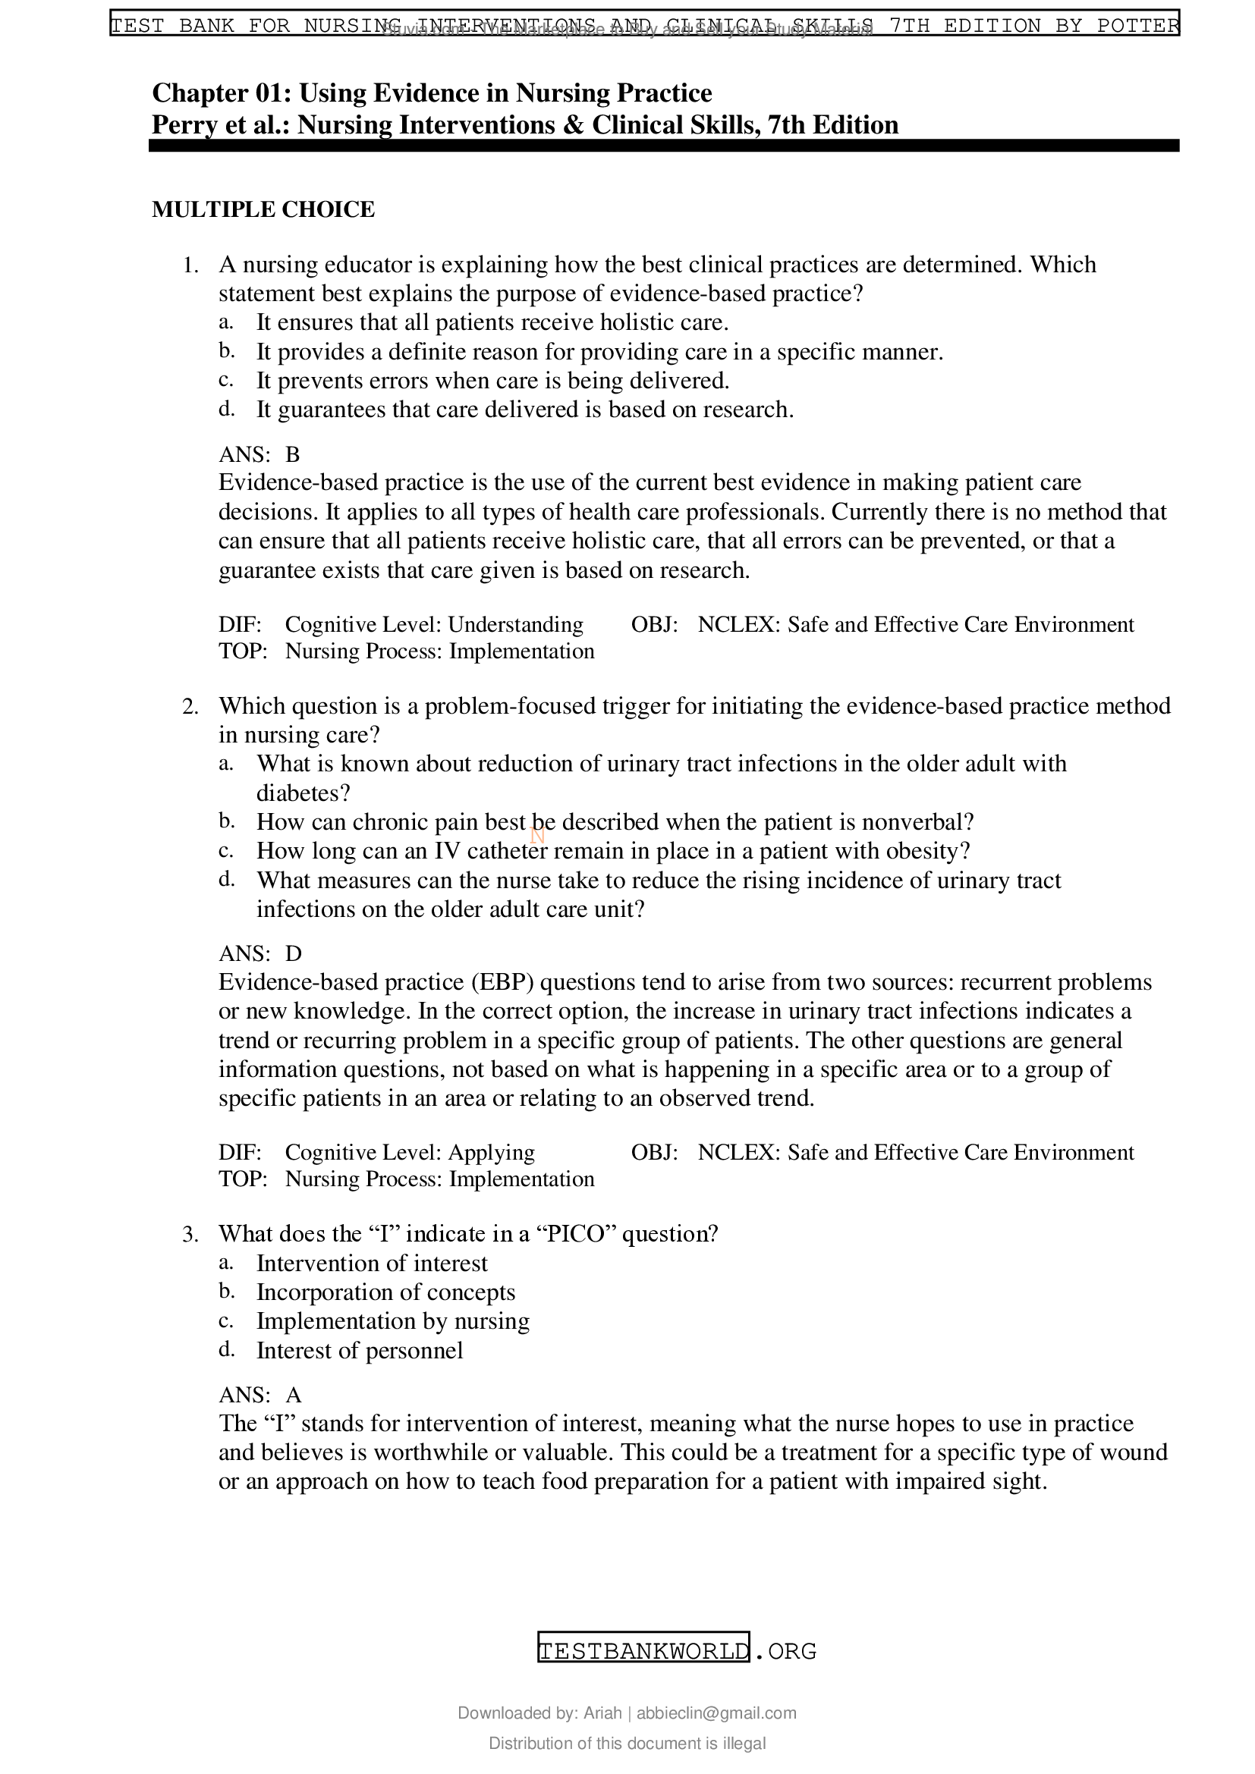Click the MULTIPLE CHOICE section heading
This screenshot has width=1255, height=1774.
[x=263, y=209]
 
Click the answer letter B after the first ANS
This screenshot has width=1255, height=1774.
[x=292, y=454]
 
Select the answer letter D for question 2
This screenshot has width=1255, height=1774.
[x=293, y=953]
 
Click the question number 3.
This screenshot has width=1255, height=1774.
[x=190, y=1234]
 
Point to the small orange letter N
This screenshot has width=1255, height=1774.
[x=538, y=835]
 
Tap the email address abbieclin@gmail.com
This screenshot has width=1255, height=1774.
[x=716, y=1713]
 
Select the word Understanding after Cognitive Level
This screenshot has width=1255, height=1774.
[x=515, y=624]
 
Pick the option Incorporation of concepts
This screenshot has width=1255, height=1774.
[x=385, y=1292]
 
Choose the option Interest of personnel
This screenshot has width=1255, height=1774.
[x=360, y=1350]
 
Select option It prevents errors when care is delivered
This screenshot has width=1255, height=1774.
[x=492, y=381]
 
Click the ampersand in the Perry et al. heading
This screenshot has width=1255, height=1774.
[x=574, y=125]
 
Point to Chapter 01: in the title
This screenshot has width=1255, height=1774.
[x=220, y=93]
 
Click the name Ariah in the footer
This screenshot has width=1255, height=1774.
[x=602, y=1713]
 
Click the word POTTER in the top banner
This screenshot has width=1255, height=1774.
[x=1137, y=26]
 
